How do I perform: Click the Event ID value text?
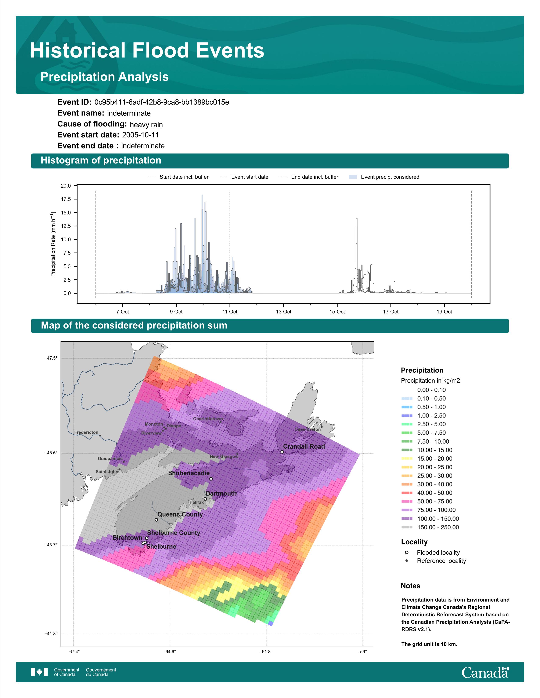pos(162,102)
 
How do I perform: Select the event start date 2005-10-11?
pos(140,135)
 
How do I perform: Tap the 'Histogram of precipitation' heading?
pos(101,161)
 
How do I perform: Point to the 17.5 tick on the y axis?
pos(66,199)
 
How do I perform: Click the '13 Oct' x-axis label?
pos(283,312)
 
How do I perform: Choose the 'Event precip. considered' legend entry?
pos(384,177)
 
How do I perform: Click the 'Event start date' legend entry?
pos(244,177)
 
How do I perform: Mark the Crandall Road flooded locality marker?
pos(282,452)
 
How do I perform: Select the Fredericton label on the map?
pos(86,432)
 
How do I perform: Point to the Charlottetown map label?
pos(208,419)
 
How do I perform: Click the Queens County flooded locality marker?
pos(156,520)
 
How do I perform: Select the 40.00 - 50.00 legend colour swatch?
pos(407,493)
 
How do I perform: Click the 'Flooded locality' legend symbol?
pos(407,552)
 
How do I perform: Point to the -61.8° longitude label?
pos(266,652)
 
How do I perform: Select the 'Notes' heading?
pos(410,586)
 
